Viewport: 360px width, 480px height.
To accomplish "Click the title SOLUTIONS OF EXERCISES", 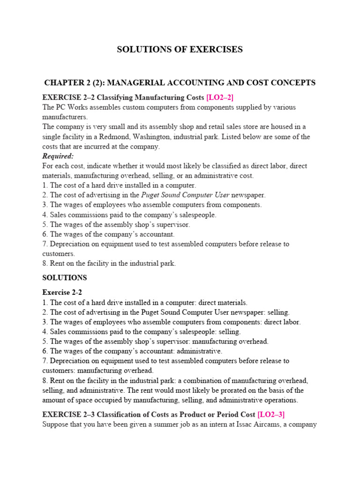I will coord(180,50).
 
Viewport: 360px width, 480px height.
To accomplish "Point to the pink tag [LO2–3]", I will coord(271,414).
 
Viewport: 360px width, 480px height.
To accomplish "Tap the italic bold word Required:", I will coord(58,156).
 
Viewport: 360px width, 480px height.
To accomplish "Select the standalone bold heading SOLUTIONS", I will coord(65,278).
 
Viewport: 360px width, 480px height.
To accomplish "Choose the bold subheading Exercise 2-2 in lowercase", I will coord(62,292).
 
